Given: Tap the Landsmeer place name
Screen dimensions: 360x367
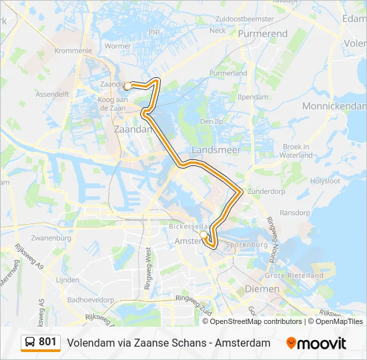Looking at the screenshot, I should tap(216, 150).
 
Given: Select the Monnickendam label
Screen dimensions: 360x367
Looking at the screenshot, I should tap(334, 107).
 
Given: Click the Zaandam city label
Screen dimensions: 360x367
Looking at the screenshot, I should tap(133, 129).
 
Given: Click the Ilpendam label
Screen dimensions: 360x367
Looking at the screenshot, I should tap(252, 97).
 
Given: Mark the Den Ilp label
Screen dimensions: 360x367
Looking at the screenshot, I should tap(211, 121).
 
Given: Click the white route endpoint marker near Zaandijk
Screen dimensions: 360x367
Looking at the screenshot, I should tap(127, 85).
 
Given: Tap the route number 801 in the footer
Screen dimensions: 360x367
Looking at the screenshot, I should tap(47, 342).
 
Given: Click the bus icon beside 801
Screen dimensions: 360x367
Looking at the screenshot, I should tap(31, 343).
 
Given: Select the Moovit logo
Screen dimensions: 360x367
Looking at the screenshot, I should tap(316, 343).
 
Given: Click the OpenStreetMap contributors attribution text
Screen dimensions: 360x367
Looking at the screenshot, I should tap(256, 321).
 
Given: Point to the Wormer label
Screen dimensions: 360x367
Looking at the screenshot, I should tap(118, 47).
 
